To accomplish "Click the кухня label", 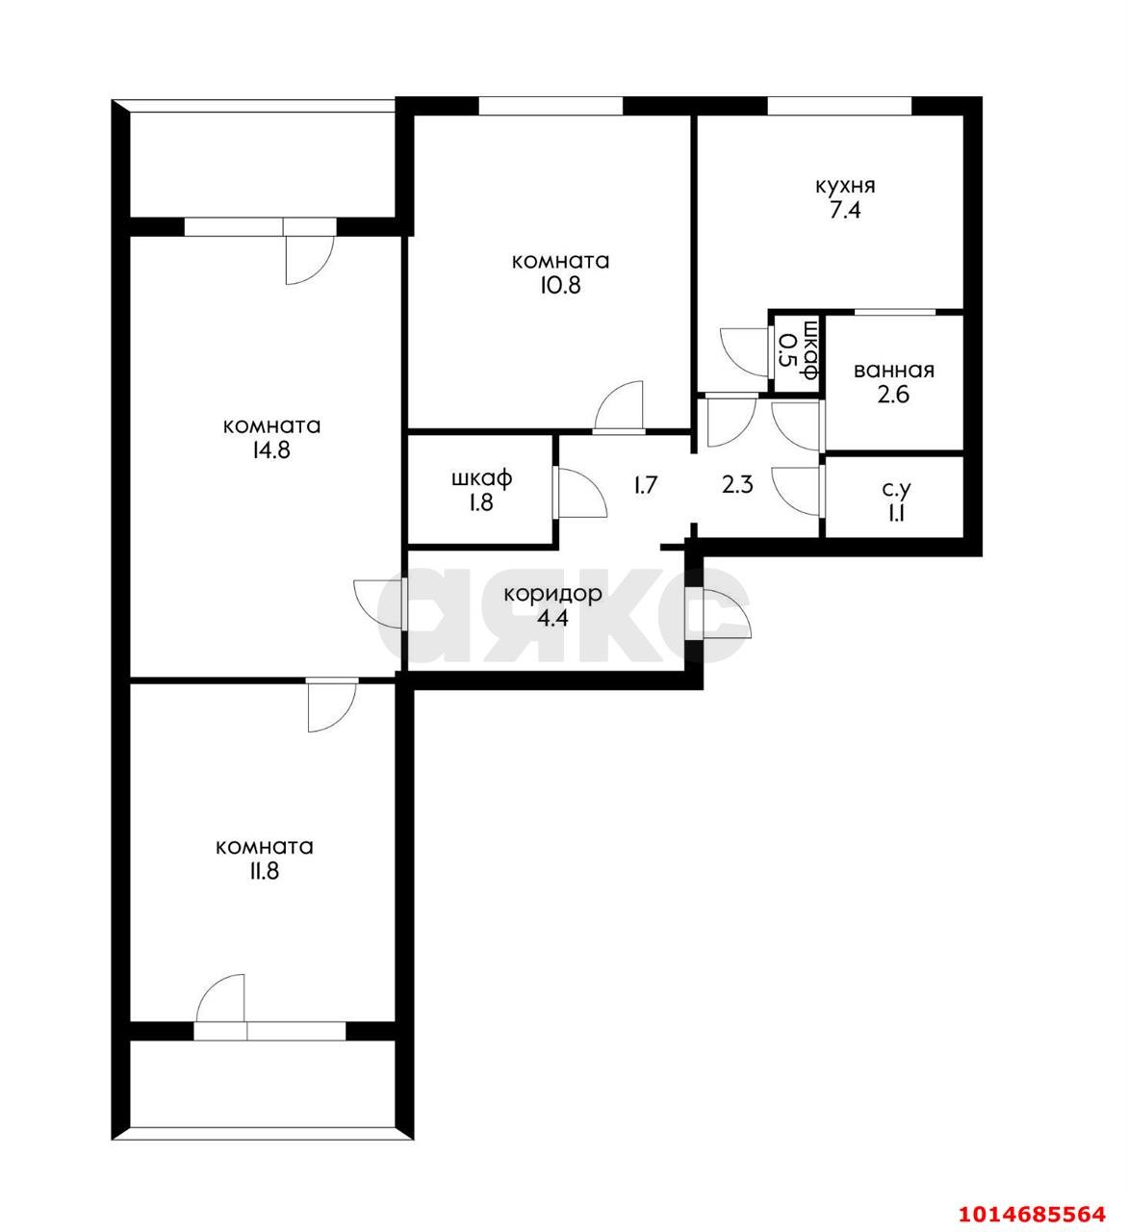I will pyautogui.click(x=844, y=186).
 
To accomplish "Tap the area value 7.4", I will pyautogui.click(x=844, y=211).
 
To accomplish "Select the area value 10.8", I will pyautogui.click(x=560, y=286).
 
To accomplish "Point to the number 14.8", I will pyautogui.click(x=270, y=451).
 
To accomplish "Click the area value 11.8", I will pyautogui.click(x=265, y=872).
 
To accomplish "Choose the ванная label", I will pyautogui.click(x=893, y=371).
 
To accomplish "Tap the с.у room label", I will pyautogui.click(x=894, y=490).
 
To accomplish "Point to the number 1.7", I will pyautogui.click(x=645, y=484).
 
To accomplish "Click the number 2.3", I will pyautogui.click(x=737, y=484).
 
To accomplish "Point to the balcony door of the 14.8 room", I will pyautogui.click(x=309, y=256).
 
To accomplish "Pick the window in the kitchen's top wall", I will pyautogui.click(x=838, y=106).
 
